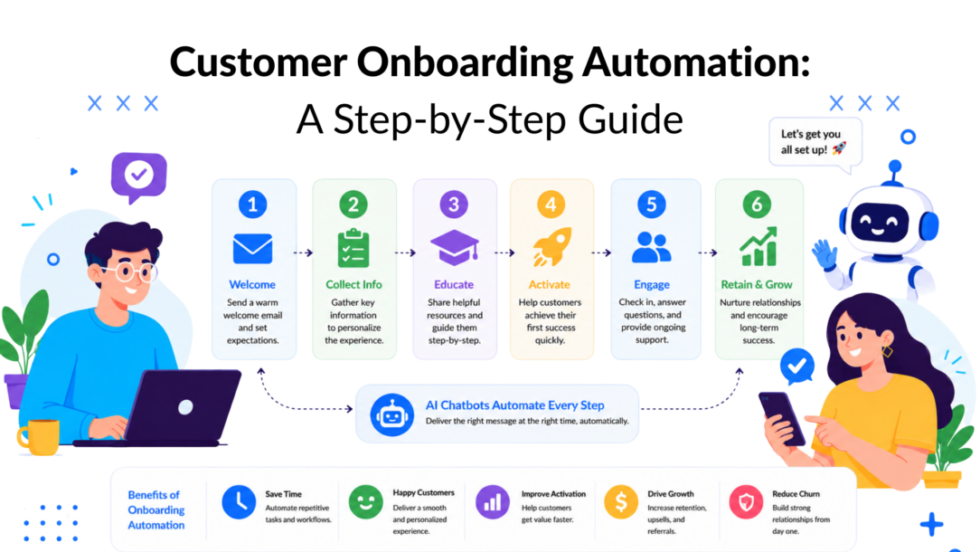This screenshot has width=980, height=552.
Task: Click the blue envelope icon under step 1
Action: point(252,249)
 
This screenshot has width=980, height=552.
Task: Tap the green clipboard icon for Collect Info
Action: point(353,249)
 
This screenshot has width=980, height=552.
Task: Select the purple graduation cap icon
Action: point(455,247)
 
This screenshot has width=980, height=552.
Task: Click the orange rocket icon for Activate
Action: point(551,246)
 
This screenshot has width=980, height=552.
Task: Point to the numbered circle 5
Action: point(651,204)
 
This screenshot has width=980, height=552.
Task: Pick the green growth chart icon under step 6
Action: point(759,246)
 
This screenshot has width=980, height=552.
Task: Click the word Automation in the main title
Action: point(695,62)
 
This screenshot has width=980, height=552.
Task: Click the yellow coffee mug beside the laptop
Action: point(39,436)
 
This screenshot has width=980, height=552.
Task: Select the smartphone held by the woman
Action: point(781,418)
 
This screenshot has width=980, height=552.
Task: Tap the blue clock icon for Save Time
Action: point(239,502)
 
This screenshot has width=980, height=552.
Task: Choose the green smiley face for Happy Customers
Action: point(365,502)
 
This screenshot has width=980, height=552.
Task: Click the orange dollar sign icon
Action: point(620,502)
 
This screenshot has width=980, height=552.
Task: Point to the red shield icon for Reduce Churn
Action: point(746,502)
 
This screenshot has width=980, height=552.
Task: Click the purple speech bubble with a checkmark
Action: point(138,176)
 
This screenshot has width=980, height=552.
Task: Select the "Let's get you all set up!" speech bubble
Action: point(815,143)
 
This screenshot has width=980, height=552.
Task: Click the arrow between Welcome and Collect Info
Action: point(303,252)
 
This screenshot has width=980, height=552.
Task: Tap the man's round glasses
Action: point(130,273)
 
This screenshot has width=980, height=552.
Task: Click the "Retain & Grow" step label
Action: point(757,285)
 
